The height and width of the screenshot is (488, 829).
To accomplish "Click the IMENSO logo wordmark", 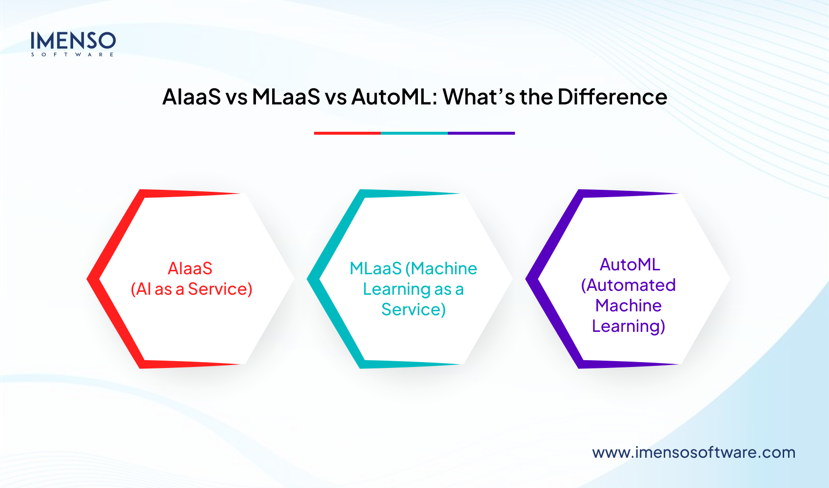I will tap(73, 41).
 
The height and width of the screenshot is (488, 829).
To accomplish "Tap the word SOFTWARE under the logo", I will tap(73, 55).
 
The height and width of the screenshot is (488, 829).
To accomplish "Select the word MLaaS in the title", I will tap(286, 97).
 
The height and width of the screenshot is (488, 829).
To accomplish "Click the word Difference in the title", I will tap(612, 97).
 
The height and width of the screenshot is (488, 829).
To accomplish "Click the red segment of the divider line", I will tap(347, 133).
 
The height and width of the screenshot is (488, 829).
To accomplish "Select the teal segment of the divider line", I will tap(414, 133).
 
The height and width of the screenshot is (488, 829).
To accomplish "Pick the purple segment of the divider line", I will tap(481, 133).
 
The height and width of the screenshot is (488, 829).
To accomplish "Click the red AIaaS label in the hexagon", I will tap(190, 268).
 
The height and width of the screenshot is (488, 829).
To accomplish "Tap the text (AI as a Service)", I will tap(191, 289).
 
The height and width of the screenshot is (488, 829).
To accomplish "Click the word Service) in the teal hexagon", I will tap(414, 309).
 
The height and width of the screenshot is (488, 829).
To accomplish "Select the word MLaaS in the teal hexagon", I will tap(375, 268).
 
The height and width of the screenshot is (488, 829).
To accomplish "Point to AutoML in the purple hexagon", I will tap(630, 264).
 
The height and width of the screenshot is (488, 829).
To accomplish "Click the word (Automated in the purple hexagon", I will tap(628, 285).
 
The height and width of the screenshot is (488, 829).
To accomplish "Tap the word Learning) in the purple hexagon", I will tap(628, 326).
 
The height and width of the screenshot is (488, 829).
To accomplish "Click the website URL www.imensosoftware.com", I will tap(693, 452).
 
